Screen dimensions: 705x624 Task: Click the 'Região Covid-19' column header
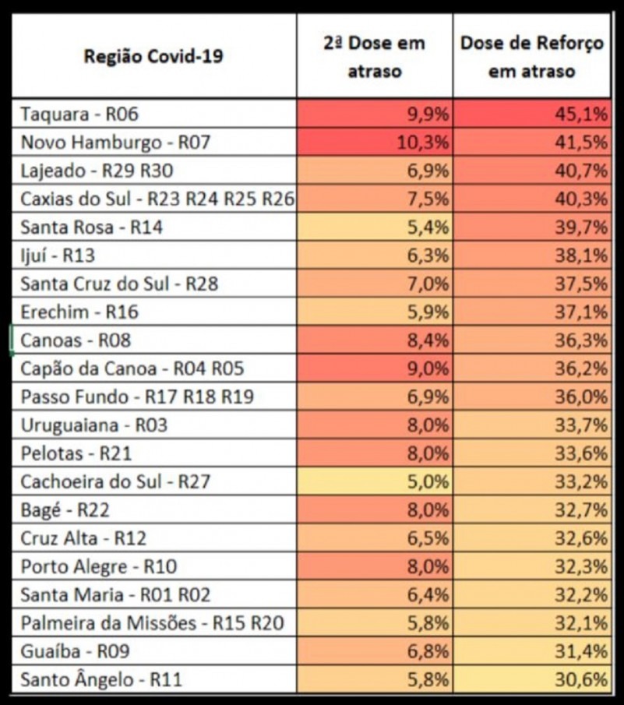coord(153,56)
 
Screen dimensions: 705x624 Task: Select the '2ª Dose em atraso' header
coord(374,56)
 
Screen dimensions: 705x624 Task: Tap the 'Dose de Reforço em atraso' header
coord(532,56)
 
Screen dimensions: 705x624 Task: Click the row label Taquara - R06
coord(79,115)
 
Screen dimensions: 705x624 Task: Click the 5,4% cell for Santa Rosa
coord(429,227)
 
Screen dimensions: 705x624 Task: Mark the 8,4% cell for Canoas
coord(429,340)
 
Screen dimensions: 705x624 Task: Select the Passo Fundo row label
coord(137,397)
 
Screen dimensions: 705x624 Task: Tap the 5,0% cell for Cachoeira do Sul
coord(429,481)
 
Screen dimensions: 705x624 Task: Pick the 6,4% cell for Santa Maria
coord(429,594)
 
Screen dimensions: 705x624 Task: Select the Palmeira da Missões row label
coord(153,622)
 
